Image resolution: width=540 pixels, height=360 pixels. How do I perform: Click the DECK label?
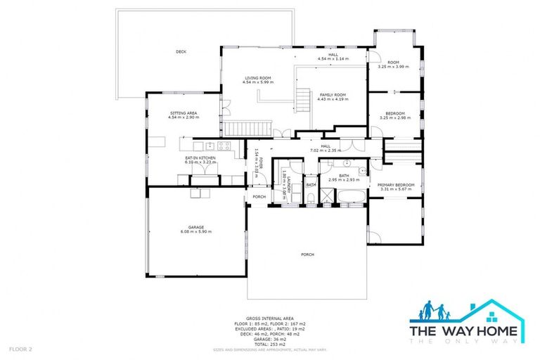181,51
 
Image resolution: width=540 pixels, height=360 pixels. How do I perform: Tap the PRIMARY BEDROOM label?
395,186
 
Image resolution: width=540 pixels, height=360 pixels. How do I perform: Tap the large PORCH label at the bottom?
307,255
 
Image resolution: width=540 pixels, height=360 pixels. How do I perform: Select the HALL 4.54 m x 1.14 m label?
333,56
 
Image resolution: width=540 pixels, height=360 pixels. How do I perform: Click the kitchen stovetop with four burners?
224,146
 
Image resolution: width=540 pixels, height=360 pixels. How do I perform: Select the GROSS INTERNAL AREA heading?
270,318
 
